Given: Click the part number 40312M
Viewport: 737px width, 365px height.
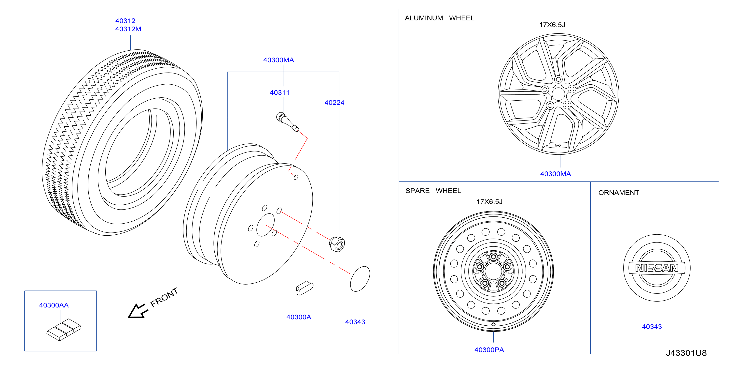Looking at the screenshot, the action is pyautogui.click(x=128, y=29).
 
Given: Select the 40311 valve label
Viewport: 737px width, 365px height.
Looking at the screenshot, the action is pyautogui.click(x=279, y=92).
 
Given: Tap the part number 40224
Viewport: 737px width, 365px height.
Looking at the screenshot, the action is pyautogui.click(x=334, y=103).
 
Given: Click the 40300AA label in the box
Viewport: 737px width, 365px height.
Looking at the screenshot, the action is pyautogui.click(x=54, y=305).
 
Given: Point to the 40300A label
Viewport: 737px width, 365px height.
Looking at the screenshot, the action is pyautogui.click(x=299, y=317).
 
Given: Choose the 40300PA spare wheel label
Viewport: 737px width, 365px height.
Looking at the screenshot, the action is pyautogui.click(x=489, y=350).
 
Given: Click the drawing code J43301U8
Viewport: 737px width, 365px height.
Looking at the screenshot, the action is pyautogui.click(x=686, y=353).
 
